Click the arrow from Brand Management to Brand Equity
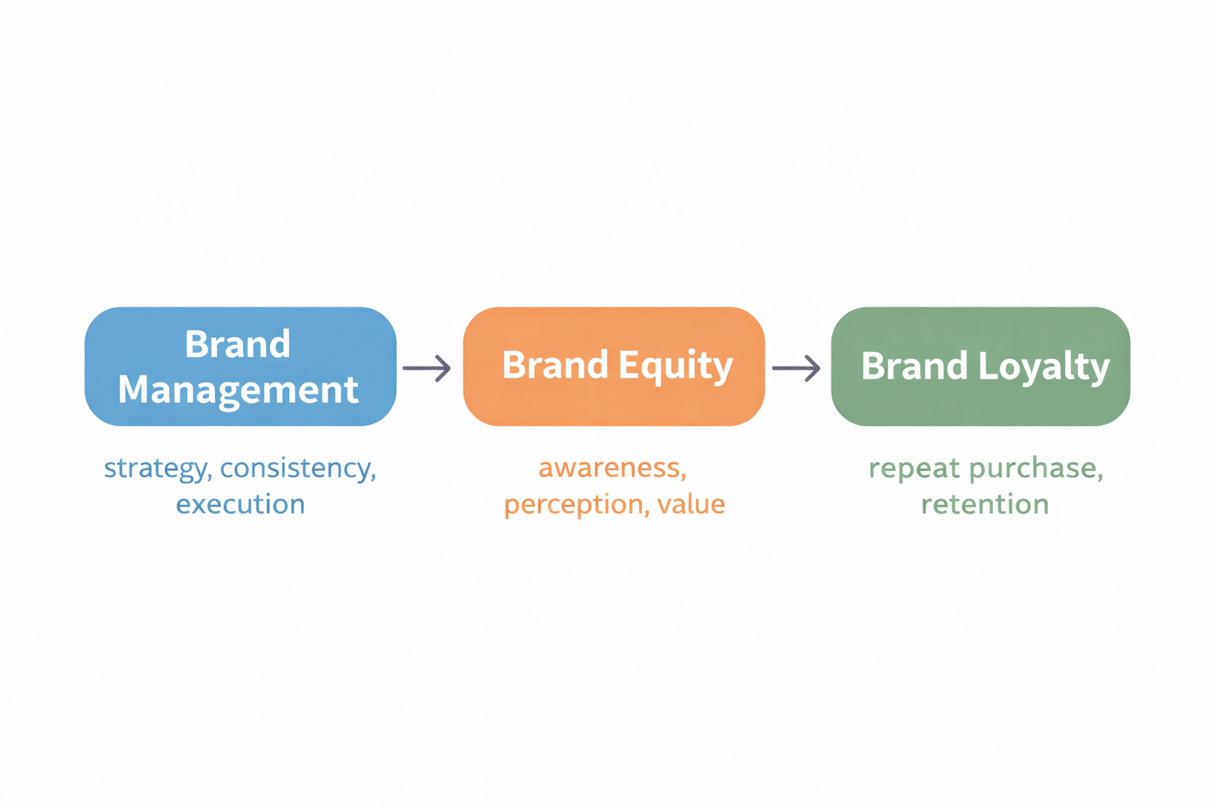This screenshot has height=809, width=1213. point(426,368)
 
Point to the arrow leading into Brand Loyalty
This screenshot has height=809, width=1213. point(796,368)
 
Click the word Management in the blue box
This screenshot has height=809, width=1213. point(238,389)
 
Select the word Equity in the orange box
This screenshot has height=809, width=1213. point(675,366)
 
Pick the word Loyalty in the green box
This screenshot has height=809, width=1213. point(1044,366)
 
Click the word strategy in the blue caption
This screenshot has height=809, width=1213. point(156,468)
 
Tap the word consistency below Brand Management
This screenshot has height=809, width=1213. point(298,468)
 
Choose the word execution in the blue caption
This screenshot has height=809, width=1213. point(240,504)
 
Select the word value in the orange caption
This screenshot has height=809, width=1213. point(691,504)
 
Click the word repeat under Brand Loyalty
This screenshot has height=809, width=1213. point(914,468)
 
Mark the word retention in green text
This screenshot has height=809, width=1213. point(985,504)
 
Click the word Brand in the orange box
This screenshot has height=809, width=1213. point(555,365)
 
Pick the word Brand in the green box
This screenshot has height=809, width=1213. point(914,366)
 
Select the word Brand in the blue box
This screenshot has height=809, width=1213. point(238,344)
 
